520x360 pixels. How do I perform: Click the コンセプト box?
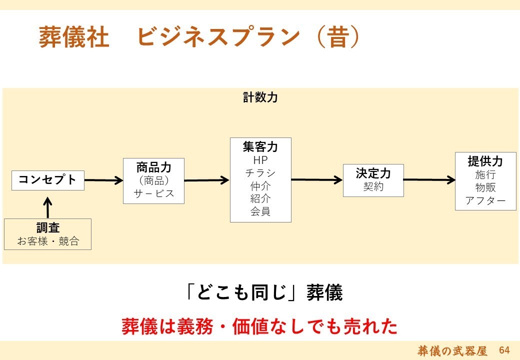[x=48, y=180]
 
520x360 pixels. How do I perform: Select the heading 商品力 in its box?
[x=153, y=167]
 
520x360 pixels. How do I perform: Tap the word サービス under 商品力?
[x=153, y=193]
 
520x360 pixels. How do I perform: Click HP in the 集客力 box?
[x=260, y=160]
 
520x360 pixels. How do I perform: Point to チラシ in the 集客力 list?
[x=260, y=172]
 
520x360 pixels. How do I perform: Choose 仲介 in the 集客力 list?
[x=260, y=185]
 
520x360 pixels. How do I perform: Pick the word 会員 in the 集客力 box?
[x=260, y=211]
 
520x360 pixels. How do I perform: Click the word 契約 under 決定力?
[x=373, y=186]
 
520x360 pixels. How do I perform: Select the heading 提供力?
[x=485, y=161]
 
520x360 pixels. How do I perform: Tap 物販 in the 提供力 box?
[x=485, y=187]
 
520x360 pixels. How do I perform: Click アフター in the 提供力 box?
[x=485, y=200]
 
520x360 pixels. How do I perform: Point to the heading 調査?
[x=48, y=228]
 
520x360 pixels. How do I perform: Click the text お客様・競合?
[x=48, y=241]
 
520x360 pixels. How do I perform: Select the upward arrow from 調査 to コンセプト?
[x=48, y=208]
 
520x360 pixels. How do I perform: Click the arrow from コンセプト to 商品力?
[x=104, y=180]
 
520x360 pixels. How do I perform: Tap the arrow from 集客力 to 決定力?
[x=317, y=180]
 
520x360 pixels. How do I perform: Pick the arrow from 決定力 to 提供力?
[x=429, y=180]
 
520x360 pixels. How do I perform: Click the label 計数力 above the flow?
[x=260, y=97]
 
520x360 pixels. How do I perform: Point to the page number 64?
[x=504, y=350]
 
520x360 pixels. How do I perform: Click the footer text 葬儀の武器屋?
[x=452, y=350]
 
